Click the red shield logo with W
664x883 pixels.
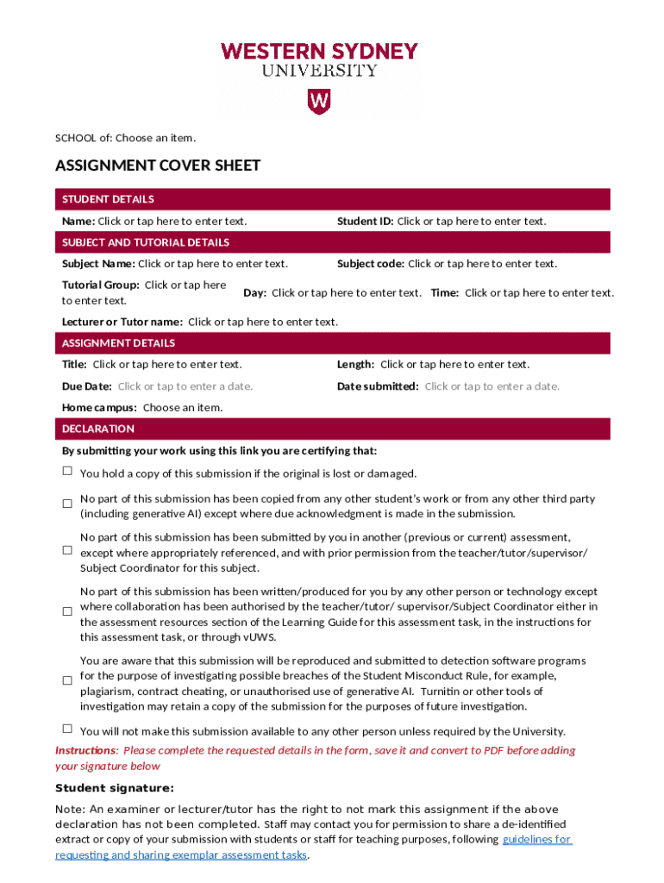pyautogui.click(x=319, y=103)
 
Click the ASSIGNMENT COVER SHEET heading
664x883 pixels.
pyautogui.click(x=158, y=166)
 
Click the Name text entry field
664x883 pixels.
pyautogui.click(x=172, y=222)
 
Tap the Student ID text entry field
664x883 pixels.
pyautogui.click(x=471, y=222)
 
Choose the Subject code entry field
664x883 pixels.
pyautogui.click(x=482, y=264)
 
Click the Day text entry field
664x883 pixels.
pyautogui.click(x=346, y=293)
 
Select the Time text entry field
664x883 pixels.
pyautogui.click(x=539, y=293)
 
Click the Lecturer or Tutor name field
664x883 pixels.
pyautogui.click(x=263, y=323)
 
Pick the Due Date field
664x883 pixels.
pyautogui.click(x=185, y=386)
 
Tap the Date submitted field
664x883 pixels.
pyautogui.click(x=492, y=386)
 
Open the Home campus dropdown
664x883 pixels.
pyautogui.click(x=182, y=408)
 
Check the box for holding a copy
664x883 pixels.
pyautogui.click(x=67, y=471)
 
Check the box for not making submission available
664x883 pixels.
pyautogui.click(x=67, y=729)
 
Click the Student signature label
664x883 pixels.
pyautogui.click(x=115, y=788)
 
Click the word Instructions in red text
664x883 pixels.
pyautogui.click(x=85, y=750)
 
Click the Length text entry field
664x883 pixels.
pyautogui.click(x=454, y=365)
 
